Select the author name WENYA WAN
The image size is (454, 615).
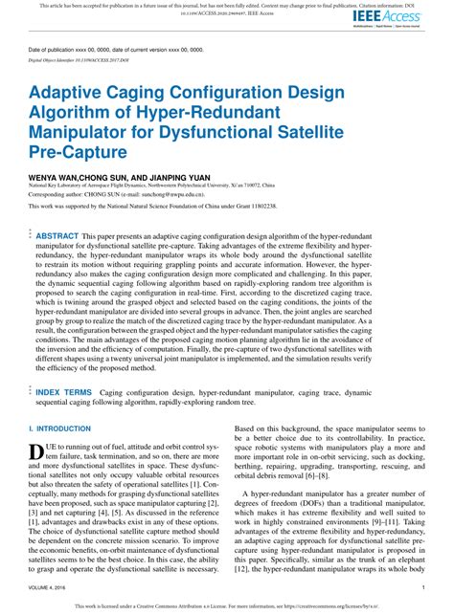[57, 178]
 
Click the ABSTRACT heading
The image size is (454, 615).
[57, 234]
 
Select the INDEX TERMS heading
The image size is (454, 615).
[64, 392]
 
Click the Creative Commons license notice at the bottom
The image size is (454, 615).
[227, 604]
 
